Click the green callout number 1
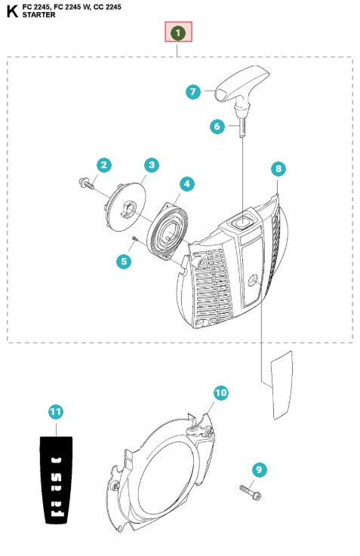178,32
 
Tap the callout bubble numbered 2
103,165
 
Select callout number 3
152,165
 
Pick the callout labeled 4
187,183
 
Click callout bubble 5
124,261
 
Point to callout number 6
217,126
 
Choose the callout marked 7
193,92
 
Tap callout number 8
278,168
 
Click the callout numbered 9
260,469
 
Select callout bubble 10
221,393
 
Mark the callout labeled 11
56,412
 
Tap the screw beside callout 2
86,183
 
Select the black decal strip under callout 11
56,480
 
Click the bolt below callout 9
251,492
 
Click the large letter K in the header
12,11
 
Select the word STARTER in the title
38,15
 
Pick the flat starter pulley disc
125,207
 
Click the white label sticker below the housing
282,385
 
